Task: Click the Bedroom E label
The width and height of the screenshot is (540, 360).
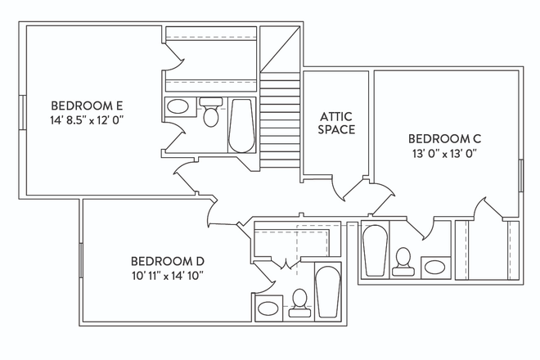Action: (87, 105)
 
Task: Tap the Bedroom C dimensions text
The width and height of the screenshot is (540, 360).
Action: (444, 154)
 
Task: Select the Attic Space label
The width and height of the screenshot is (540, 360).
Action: (336, 123)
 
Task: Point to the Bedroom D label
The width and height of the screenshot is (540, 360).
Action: (168, 261)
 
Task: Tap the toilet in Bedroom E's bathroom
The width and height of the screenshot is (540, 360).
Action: (211, 112)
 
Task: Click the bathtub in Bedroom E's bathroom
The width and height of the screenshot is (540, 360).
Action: (241, 126)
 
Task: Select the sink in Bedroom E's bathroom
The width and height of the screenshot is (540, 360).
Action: (178, 106)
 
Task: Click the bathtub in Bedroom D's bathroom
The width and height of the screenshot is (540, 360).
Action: (327, 291)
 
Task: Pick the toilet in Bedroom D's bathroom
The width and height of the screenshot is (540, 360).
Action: (299, 303)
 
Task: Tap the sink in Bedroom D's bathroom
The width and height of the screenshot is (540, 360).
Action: (268, 308)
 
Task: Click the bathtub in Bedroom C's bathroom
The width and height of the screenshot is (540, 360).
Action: (376, 250)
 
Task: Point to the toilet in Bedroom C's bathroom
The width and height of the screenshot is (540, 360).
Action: (403, 262)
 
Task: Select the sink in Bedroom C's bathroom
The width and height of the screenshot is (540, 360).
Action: (435, 268)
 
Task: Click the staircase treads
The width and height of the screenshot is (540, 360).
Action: (280, 120)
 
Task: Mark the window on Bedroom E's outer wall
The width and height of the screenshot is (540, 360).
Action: (22, 112)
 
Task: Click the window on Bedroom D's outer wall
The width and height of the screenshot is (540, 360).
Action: (81, 260)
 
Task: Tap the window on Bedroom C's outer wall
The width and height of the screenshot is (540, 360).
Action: (521, 175)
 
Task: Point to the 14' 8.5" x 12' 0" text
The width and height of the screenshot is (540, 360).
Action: (87, 120)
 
